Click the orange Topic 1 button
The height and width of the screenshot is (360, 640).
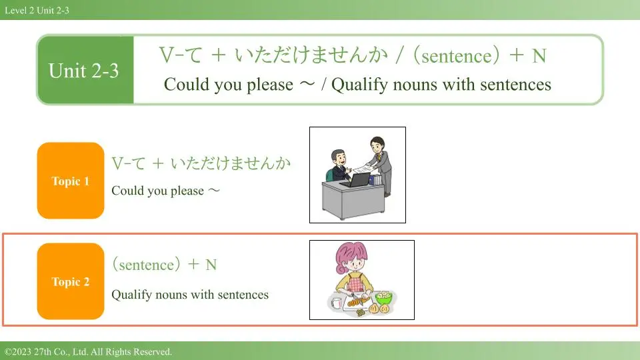71,181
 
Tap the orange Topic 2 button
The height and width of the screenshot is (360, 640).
71,281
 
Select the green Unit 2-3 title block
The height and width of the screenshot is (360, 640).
85,70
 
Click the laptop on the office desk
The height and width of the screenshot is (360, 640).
356,180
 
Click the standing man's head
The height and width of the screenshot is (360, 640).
377,145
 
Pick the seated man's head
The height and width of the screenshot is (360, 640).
339,157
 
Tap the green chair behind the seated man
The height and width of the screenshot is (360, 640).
330,176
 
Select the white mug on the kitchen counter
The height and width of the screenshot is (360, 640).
336,303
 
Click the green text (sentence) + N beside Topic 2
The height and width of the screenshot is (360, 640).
165,265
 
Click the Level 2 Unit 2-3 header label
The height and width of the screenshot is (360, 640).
37,10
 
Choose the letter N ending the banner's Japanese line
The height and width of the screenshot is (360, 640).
539,56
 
